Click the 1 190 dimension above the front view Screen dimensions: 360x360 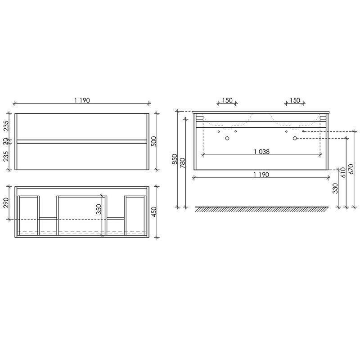pyautogui.click(x=82, y=100)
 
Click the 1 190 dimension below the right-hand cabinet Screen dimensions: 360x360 pyautogui.click(x=261, y=175)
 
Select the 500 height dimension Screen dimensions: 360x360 pyautogui.click(x=154, y=141)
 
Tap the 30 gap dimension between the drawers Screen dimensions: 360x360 pyautogui.click(x=6, y=142)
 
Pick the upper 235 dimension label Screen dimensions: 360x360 pyautogui.click(x=6, y=126)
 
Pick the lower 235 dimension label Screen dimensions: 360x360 pyautogui.click(x=6, y=156)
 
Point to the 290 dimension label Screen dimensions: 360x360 pyautogui.click(x=6, y=202)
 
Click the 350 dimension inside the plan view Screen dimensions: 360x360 pyautogui.click(x=99, y=209)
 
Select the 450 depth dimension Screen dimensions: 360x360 pyautogui.click(x=154, y=211)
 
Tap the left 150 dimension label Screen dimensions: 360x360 pyautogui.click(x=227, y=100)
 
